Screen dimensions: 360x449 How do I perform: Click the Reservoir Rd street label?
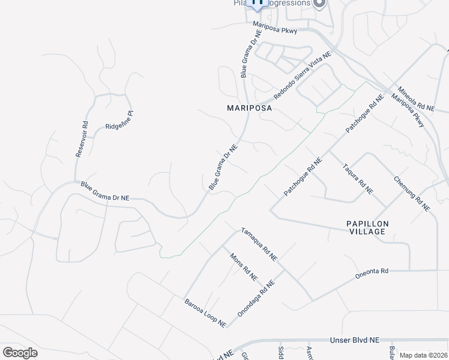click(82, 140)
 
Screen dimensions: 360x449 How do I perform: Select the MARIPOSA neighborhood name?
click(249, 109)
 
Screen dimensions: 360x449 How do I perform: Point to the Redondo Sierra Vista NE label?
click(303, 76)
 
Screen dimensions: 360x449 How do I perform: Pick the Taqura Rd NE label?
click(358, 179)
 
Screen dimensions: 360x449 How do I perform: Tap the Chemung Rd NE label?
click(412, 193)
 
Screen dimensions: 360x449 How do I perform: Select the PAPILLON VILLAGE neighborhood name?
click(368, 229)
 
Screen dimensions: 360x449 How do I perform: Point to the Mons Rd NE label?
click(244, 266)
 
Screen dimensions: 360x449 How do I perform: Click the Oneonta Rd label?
click(372, 271)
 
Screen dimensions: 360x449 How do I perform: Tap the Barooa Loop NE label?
click(205, 312)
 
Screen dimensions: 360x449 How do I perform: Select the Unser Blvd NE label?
click(355, 340)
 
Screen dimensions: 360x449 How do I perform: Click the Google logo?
click(20, 352)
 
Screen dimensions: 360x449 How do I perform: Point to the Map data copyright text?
click(424, 355)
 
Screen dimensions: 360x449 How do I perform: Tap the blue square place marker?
click(258, 4)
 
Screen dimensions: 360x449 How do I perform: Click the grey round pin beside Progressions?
click(319, 4)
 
